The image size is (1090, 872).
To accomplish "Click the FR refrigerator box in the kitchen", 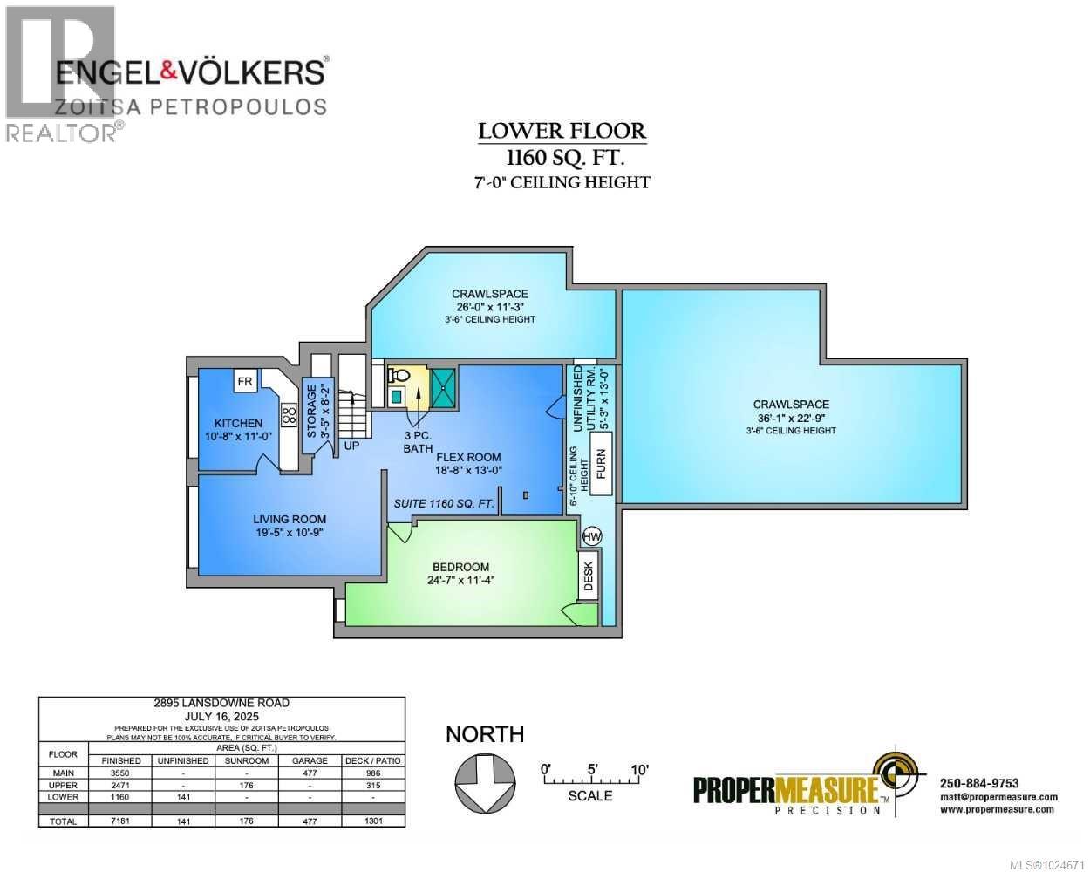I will (245, 381).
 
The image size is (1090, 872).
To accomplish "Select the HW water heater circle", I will (590, 535).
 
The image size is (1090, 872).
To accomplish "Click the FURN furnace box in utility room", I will (599, 471).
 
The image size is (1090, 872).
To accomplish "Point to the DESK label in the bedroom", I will (588, 576).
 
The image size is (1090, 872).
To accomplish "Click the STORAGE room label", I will (311, 410).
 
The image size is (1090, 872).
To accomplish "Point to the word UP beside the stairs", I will (351, 446).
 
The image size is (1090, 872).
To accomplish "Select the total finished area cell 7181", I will (120, 821).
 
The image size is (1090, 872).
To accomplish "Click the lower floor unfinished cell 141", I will (182, 796).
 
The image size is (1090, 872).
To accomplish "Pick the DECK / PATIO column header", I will (372, 760).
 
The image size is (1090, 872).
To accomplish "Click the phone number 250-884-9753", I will (979, 782).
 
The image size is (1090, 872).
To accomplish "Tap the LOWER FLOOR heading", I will (562, 132).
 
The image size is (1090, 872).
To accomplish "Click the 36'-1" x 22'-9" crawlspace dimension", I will (791, 418).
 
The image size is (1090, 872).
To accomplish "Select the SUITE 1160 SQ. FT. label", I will (444, 503).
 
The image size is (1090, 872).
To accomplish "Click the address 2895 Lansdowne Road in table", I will (221, 703).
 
